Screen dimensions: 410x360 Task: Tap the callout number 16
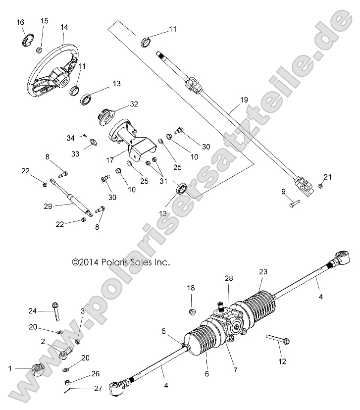pos(20,22)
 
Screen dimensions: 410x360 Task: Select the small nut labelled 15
pos(39,50)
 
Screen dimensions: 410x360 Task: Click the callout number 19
pos(243,101)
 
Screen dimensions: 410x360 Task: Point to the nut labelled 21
pos(320,186)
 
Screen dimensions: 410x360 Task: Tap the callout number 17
pos(110,159)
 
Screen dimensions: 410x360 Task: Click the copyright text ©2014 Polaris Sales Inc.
pos(121,262)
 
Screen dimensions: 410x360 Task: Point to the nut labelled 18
pos(193,311)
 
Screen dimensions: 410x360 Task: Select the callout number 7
pos(229,369)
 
